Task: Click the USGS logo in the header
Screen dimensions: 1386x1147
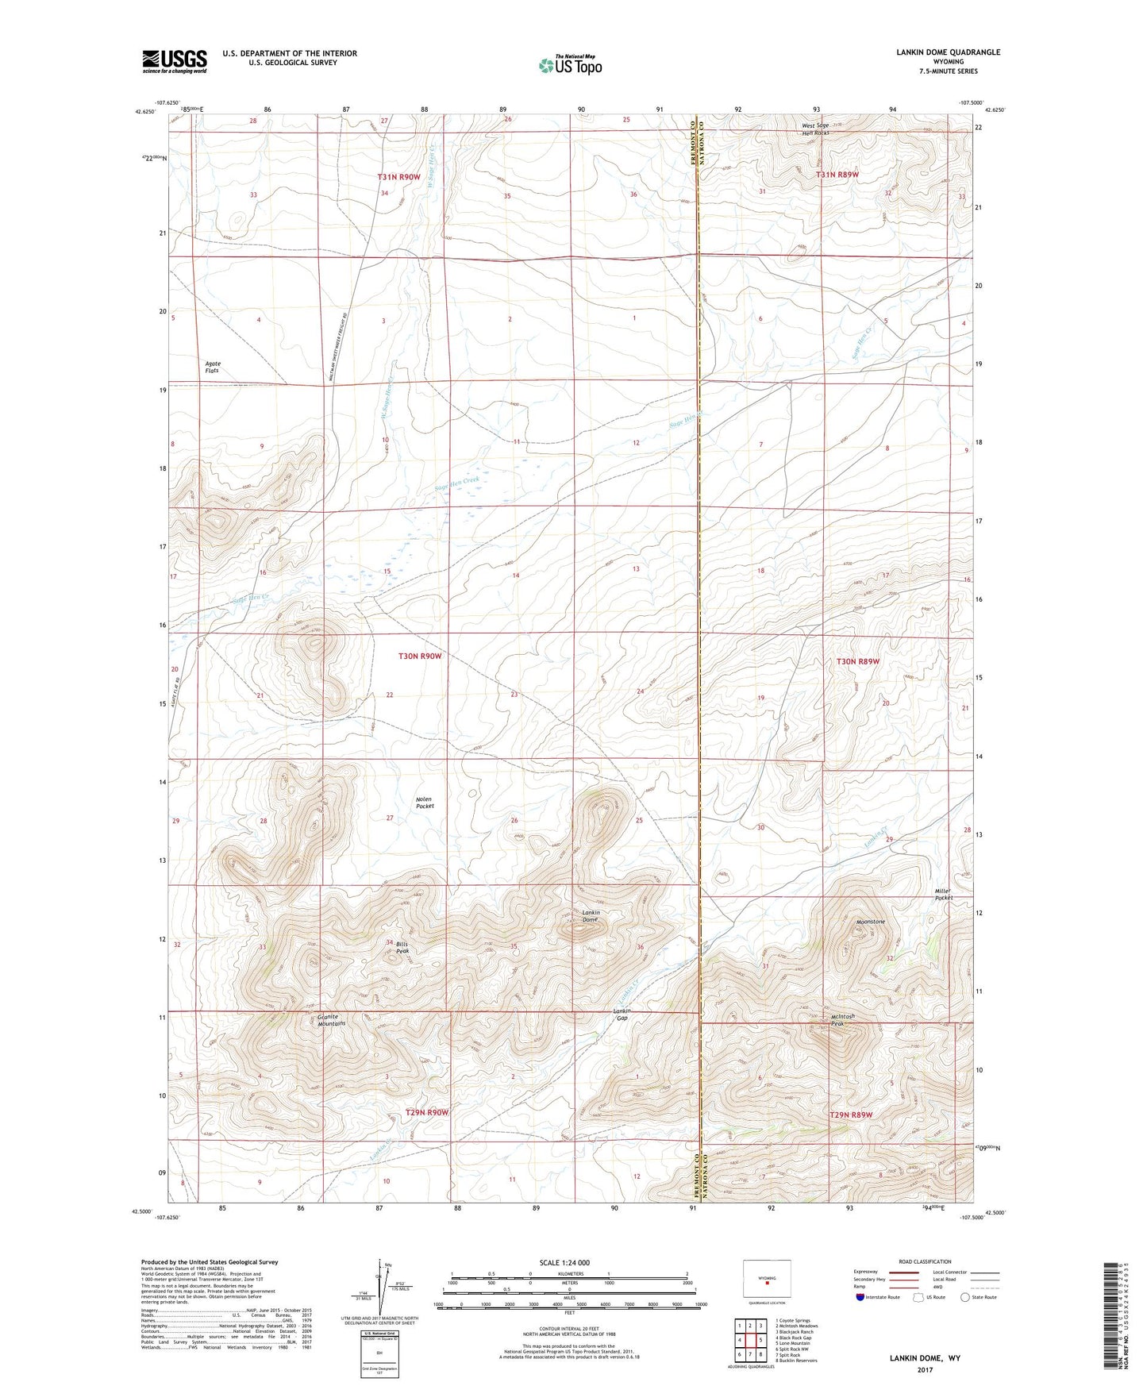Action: (174, 61)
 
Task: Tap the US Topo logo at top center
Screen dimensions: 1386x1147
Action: (570, 65)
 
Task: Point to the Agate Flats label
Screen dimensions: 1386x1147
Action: (212, 367)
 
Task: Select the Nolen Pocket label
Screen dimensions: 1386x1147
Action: (425, 803)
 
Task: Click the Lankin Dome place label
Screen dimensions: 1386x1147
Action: (591, 916)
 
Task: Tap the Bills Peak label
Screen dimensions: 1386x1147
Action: (402, 947)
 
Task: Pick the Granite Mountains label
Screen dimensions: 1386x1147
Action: (331, 1020)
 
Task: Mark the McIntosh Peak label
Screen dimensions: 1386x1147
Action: (842, 1020)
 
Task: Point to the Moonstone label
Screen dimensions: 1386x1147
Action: (871, 922)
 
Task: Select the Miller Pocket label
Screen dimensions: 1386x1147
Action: (943, 894)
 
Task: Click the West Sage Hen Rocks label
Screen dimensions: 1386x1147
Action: (815, 129)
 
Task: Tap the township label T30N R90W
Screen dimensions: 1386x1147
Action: (419, 656)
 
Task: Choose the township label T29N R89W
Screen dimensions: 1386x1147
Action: (851, 1115)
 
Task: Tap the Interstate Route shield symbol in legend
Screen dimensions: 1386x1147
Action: (860, 1297)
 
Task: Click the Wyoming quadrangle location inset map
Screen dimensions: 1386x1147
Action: (767, 1280)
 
